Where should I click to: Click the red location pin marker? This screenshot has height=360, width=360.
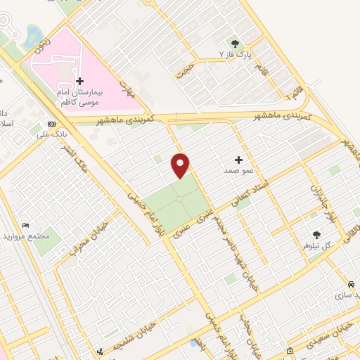click(x=181, y=165)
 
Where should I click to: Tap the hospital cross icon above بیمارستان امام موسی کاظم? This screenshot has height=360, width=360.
click(x=79, y=82)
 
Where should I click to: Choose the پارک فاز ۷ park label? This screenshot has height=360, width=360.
click(x=235, y=53)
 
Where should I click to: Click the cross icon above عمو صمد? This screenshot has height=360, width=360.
click(x=238, y=160)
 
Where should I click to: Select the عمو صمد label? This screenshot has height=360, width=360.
click(x=237, y=171)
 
